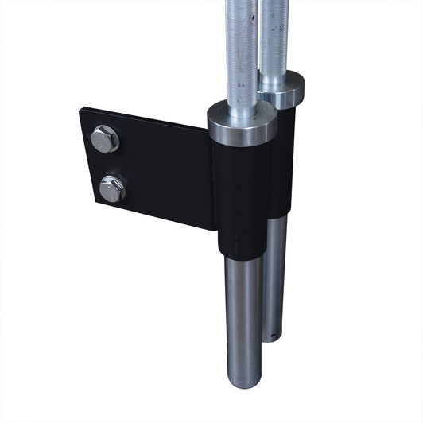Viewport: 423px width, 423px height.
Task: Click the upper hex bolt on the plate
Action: pyautogui.click(x=105, y=139)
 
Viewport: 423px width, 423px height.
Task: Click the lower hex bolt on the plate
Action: pyautogui.click(x=111, y=188)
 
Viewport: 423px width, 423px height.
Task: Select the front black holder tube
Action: pyautogui.click(x=240, y=199)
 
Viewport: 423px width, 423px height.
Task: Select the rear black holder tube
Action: pyautogui.click(x=282, y=159)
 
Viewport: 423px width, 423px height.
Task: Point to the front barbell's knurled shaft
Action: pyautogui.click(x=241, y=48)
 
